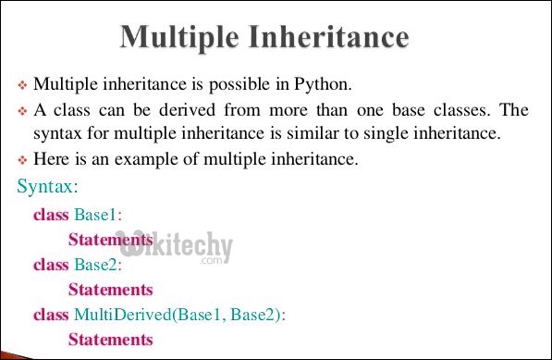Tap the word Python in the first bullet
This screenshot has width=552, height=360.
click(323, 85)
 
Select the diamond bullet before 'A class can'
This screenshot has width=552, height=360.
click(23, 111)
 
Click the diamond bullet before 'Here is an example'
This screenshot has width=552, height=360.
click(23, 161)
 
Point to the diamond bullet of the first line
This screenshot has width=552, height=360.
click(23, 86)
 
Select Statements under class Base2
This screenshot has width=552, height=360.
click(111, 290)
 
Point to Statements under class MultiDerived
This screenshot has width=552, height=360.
click(111, 340)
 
